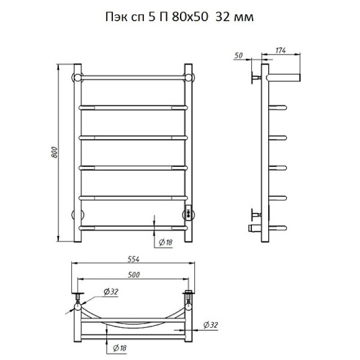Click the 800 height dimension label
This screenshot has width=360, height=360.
pyautogui.click(x=54, y=152)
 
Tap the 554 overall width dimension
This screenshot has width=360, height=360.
pyautogui.click(x=133, y=259)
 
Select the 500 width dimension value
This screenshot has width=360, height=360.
pyautogui.click(x=133, y=274)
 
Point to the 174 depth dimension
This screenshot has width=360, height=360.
pyautogui.click(x=281, y=50)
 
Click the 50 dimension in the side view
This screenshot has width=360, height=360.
pyautogui.click(x=239, y=56)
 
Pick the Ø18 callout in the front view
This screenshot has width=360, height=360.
pyautogui.click(x=166, y=242)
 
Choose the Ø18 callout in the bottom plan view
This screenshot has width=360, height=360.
pyautogui.click(x=120, y=348)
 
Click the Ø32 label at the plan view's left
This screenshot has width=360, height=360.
pyautogui.click(x=111, y=292)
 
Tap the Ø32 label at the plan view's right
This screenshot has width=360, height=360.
pyautogui.click(x=210, y=325)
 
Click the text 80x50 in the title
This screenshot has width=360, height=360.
pyautogui.click(x=189, y=17)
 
